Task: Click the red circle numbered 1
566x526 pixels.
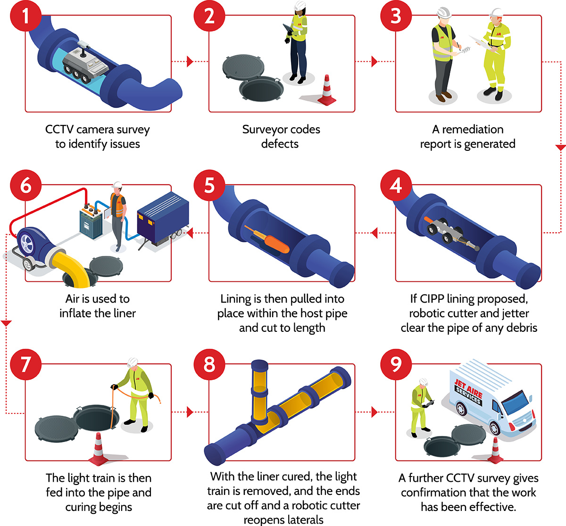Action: pyautogui.click(x=25, y=16)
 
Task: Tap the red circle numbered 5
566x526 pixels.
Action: pyautogui.click(x=209, y=185)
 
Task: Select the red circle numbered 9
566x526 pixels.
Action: pyautogui.click(x=396, y=364)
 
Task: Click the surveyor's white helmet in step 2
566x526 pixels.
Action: pyautogui.click(x=300, y=5)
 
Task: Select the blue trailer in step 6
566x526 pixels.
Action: pyautogui.click(x=163, y=219)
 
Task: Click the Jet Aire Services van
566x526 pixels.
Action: pyautogui.click(x=490, y=399)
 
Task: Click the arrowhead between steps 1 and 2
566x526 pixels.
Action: pyautogui.click(x=190, y=61)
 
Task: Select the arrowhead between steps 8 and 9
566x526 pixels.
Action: pyautogui.click(x=375, y=412)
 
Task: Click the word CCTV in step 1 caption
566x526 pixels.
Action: pyautogui.click(x=59, y=130)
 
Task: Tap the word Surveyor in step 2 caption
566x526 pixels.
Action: pyautogui.click(x=263, y=130)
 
